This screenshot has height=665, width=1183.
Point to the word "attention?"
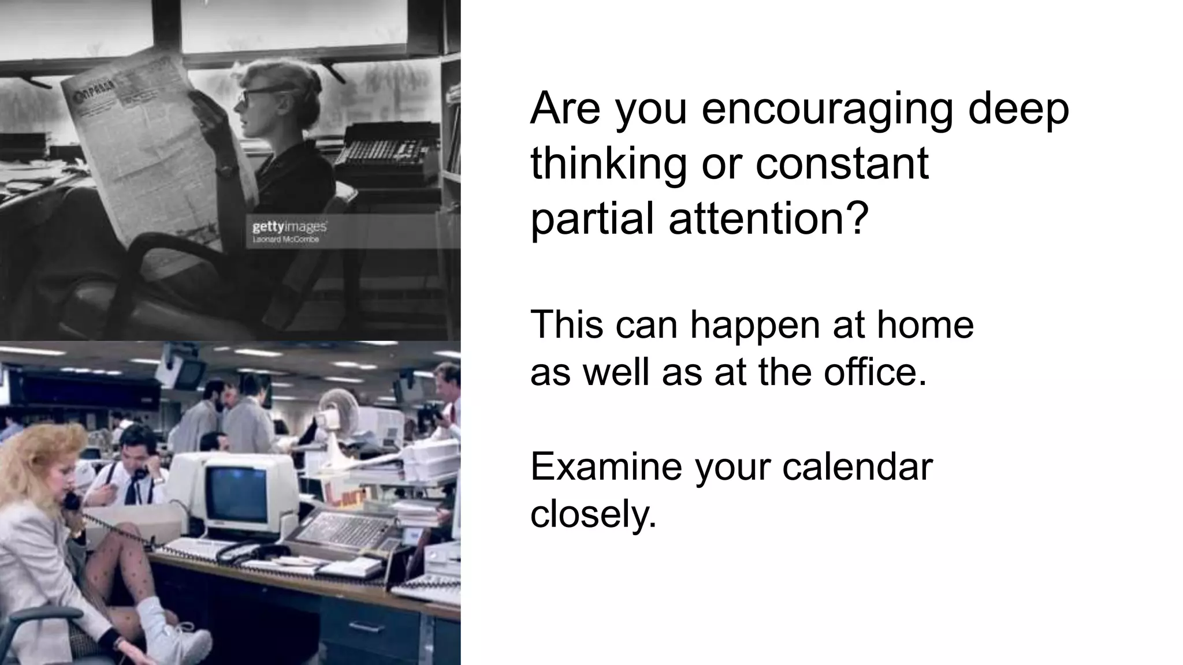point(768,219)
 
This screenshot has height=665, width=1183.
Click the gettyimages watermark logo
point(289,227)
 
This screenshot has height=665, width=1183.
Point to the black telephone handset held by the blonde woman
point(72,500)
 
